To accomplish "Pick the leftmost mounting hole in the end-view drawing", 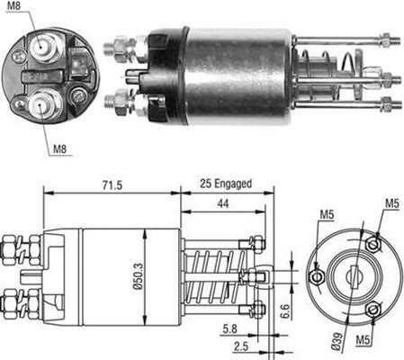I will click(315, 276).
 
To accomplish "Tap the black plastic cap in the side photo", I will click(163, 68).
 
